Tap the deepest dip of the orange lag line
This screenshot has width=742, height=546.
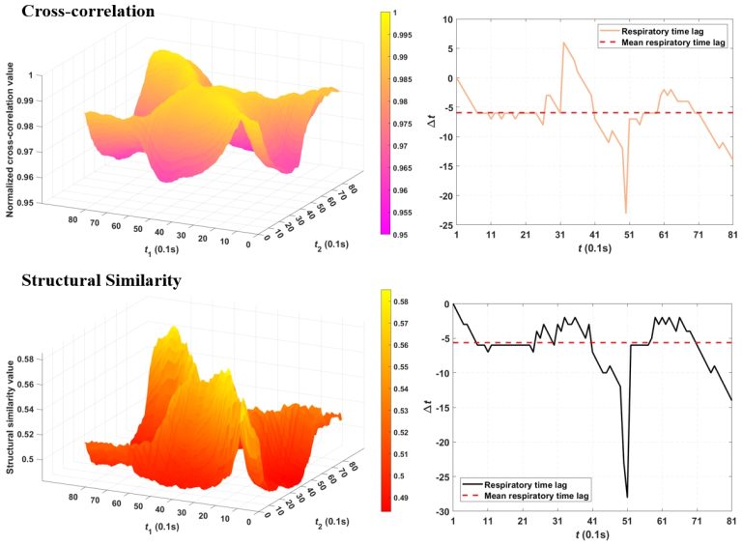[x=625, y=212]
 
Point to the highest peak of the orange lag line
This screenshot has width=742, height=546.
[x=563, y=43]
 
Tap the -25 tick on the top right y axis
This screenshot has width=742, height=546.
[x=441, y=224]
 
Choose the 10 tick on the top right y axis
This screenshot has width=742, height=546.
[x=442, y=19]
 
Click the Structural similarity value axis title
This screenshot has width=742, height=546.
[x=11, y=417]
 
